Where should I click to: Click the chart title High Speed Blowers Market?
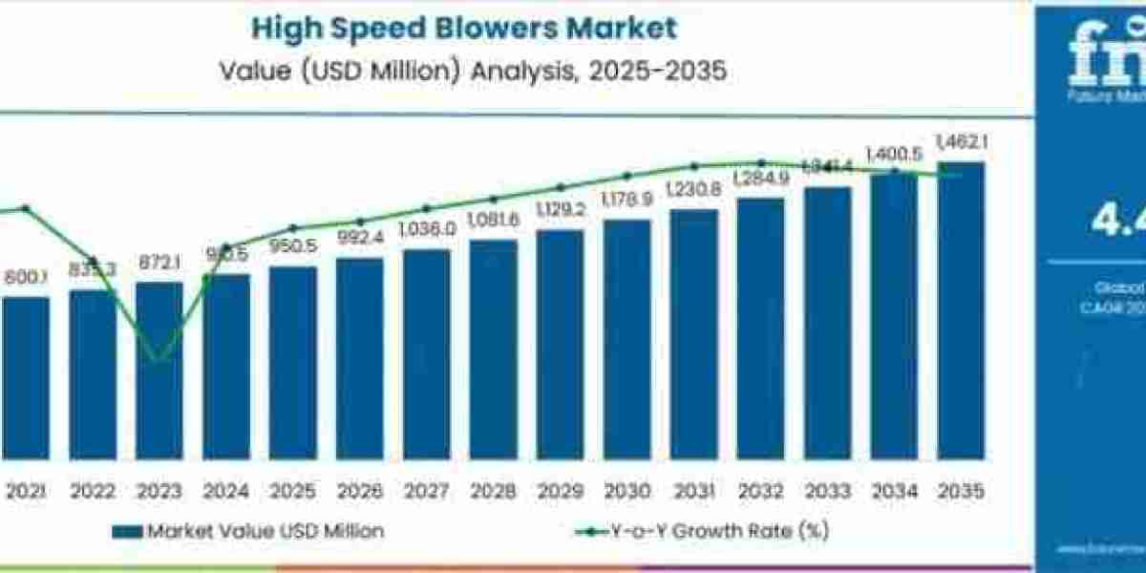463,27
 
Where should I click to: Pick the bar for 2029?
560,344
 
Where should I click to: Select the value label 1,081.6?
493,221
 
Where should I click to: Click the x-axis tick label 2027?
426,493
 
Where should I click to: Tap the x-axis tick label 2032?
760,493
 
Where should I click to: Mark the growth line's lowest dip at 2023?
159,360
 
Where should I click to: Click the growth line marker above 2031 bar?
694,166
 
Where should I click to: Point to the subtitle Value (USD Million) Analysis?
463,71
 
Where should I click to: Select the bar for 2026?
359,358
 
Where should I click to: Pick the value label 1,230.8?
693,189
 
